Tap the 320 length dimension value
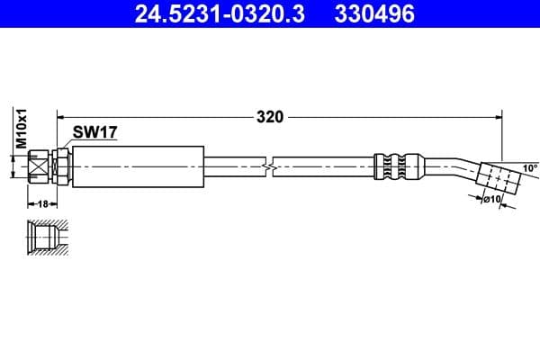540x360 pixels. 270,116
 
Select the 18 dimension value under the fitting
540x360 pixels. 42,204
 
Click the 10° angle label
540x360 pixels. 529,168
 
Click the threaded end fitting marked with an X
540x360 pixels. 38,166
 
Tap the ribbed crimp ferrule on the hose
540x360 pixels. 397,166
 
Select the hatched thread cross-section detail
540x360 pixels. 42,237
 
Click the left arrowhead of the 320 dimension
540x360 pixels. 62,116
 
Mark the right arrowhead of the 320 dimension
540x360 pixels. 498,116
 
